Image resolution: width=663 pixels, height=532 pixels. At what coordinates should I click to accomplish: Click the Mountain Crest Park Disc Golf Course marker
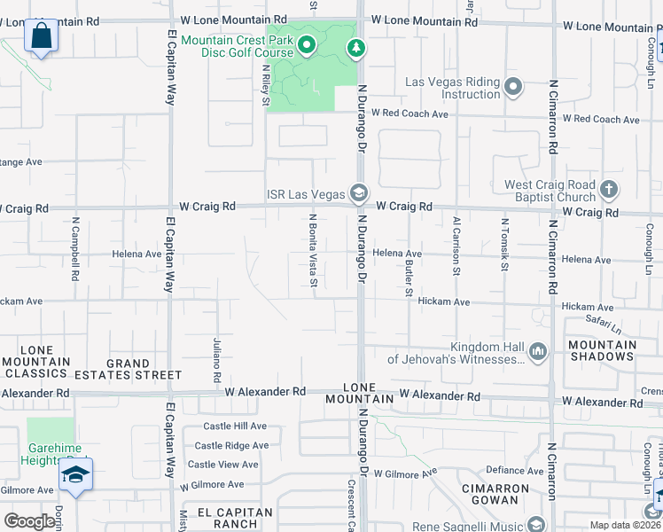(x=307, y=44)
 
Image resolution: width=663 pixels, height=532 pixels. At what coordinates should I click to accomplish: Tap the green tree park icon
(x=356, y=48)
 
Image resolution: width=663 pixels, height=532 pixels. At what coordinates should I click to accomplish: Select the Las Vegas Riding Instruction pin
(x=513, y=87)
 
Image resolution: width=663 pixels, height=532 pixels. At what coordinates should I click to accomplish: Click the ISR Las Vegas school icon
(x=359, y=192)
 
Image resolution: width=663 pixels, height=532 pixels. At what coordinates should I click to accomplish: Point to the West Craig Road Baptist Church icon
(x=608, y=189)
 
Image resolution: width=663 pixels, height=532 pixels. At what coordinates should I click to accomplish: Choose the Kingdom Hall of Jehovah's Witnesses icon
(x=538, y=353)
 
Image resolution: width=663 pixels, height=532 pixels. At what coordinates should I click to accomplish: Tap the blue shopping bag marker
(x=41, y=37)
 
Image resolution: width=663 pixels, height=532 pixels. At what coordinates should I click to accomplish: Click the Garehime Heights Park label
(x=50, y=454)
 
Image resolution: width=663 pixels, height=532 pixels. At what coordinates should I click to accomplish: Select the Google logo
(x=28, y=521)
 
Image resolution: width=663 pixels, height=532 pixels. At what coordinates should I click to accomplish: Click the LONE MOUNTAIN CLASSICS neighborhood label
(x=35, y=361)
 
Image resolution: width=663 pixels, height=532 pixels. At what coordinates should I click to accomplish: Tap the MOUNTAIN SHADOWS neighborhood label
(x=602, y=350)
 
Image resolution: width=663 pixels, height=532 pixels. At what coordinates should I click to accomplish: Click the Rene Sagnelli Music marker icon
(x=534, y=523)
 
